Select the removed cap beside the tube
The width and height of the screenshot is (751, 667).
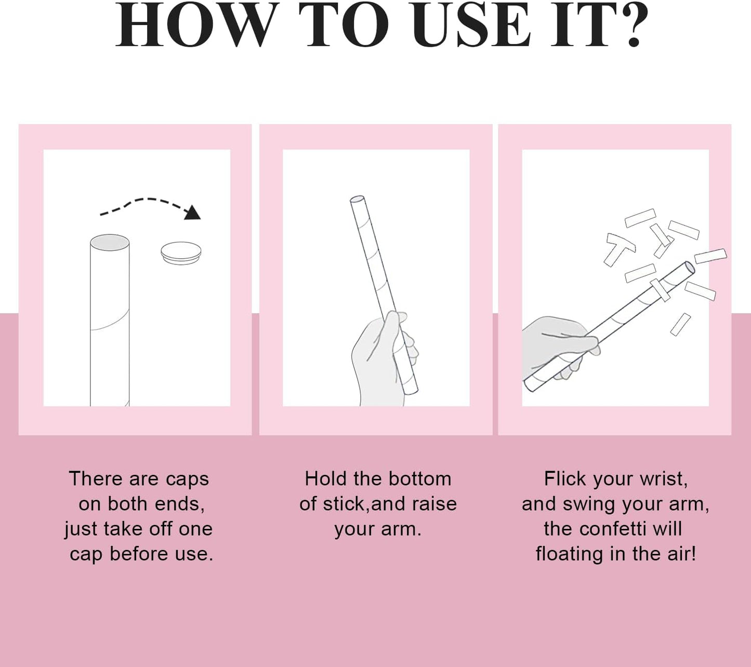181,253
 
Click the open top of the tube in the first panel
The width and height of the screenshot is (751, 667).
110,243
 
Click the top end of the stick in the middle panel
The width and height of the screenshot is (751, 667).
358,199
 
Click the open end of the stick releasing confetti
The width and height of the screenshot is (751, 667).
690,268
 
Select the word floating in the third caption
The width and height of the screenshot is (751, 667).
570,555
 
